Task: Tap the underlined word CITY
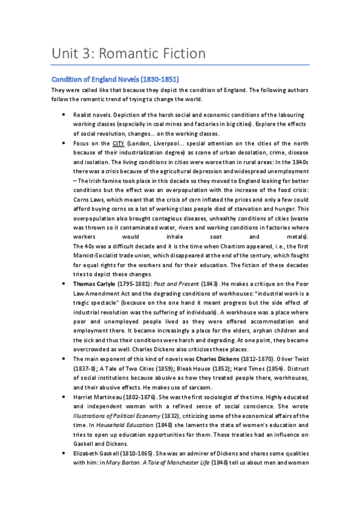coord(118,144)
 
